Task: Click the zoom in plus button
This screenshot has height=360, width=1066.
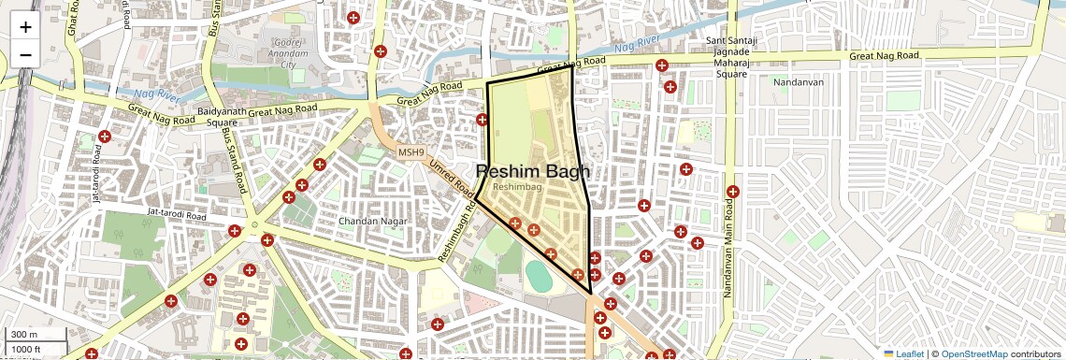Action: pos(25,27)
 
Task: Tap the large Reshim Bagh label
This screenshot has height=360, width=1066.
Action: pos(533,172)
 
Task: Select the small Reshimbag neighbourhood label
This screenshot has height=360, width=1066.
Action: pos(517,188)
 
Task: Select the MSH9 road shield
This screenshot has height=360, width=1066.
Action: pos(411,152)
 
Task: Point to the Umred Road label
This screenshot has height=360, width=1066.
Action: pos(452,177)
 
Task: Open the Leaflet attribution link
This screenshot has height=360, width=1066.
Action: pos(905,353)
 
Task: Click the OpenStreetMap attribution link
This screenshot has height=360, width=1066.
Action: pos(973,353)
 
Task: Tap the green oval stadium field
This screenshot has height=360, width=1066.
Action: pos(540,276)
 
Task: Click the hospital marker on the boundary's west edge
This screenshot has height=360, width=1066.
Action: pos(483,120)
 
